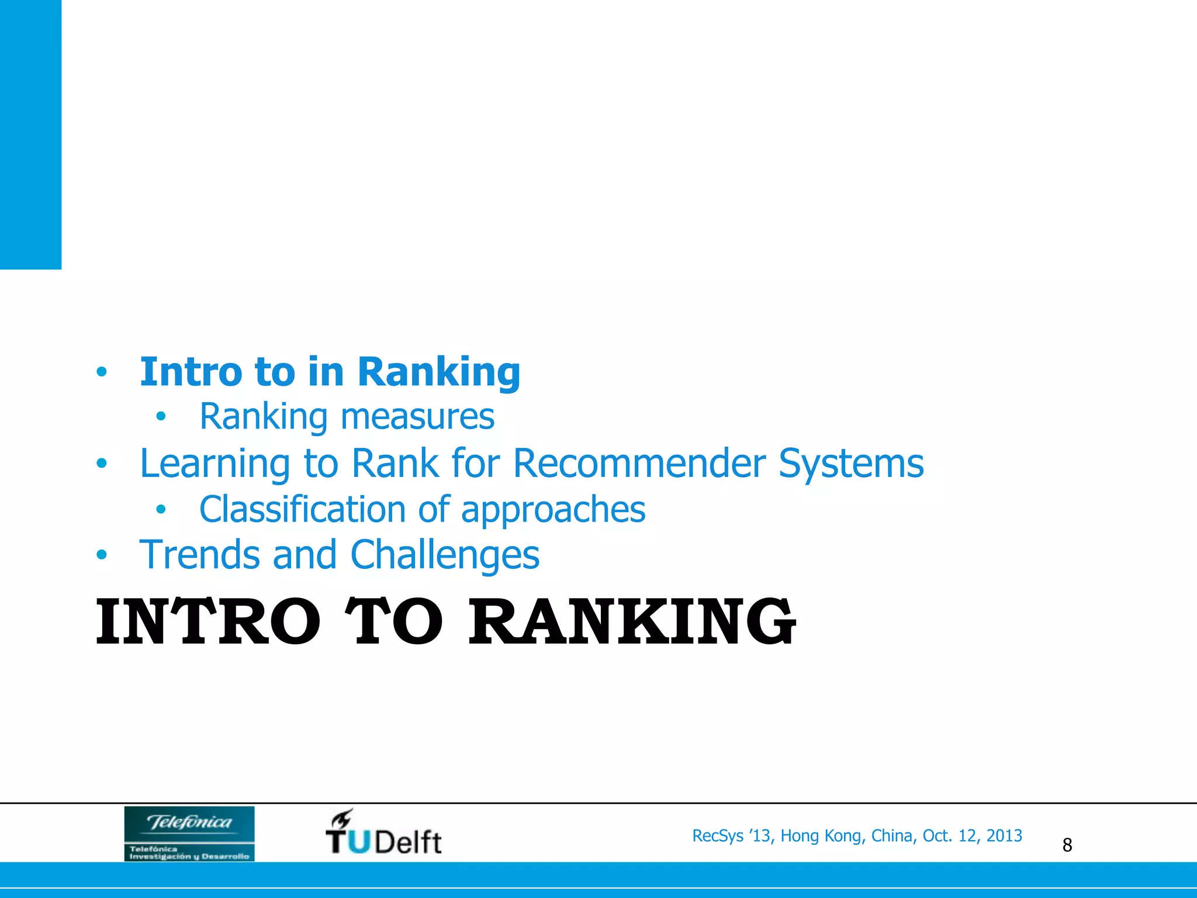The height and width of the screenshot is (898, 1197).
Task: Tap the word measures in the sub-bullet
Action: (x=417, y=416)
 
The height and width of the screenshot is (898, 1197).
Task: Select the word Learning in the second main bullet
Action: (x=215, y=464)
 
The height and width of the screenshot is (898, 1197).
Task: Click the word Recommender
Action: (x=639, y=463)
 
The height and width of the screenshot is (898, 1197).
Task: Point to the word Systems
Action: (x=851, y=464)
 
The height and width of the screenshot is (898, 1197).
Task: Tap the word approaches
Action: (x=553, y=510)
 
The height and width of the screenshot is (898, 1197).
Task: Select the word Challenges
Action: (x=445, y=555)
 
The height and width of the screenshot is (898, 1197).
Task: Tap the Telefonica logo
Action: (x=189, y=833)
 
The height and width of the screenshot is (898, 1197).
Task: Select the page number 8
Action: (x=1067, y=845)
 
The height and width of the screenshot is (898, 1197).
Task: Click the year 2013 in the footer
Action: (x=1004, y=836)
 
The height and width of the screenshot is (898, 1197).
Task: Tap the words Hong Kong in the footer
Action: (x=821, y=836)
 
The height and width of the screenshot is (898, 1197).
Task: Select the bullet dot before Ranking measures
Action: (x=161, y=417)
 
